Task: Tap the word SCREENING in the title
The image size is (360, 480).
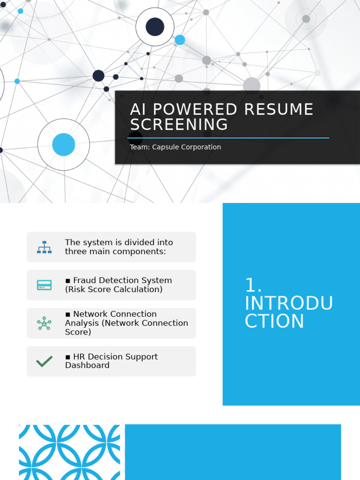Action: (x=179, y=125)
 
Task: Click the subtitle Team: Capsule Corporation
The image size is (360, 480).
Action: (x=175, y=147)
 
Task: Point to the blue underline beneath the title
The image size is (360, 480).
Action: (x=229, y=138)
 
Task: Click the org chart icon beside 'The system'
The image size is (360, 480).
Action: (x=45, y=247)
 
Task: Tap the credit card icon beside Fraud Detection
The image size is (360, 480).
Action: (x=45, y=285)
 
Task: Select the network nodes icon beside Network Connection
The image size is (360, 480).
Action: (x=44, y=323)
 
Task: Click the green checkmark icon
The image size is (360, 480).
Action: (x=44, y=361)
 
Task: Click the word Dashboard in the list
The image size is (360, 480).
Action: (x=87, y=365)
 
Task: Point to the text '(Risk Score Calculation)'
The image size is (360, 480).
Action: (x=114, y=289)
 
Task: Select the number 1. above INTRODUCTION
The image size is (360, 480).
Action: (x=253, y=285)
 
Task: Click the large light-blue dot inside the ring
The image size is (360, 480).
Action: (x=63, y=144)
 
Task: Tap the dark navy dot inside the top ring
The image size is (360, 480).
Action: (x=155, y=27)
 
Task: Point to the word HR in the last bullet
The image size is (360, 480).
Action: (x=79, y=357)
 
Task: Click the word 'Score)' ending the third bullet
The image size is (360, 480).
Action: (x=77, y=332)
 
